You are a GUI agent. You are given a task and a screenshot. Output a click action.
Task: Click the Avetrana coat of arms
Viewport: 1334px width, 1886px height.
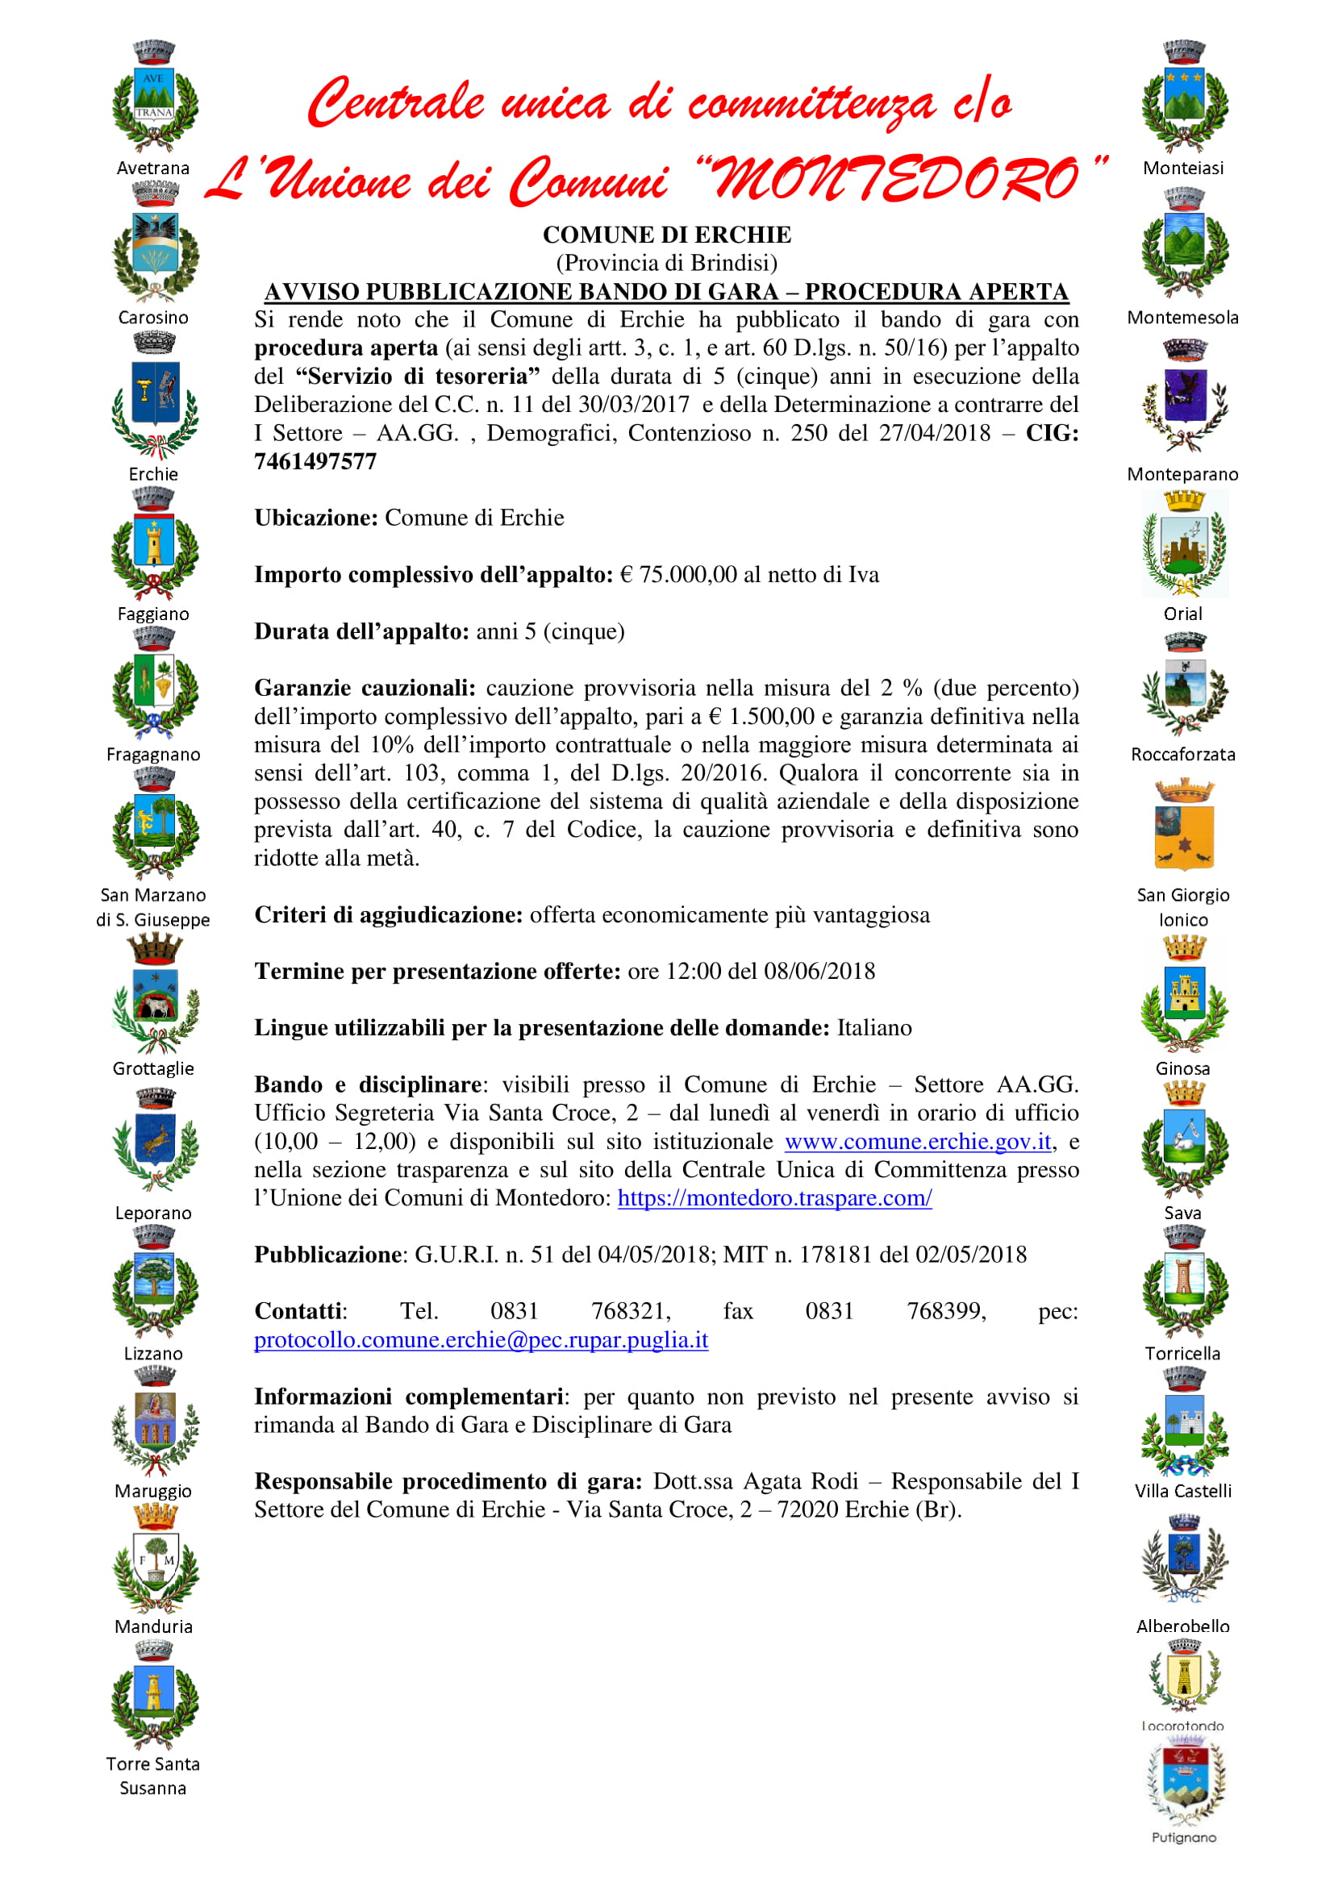[153, 97]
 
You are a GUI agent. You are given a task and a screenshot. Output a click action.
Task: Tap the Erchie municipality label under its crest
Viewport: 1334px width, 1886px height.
[152, 474]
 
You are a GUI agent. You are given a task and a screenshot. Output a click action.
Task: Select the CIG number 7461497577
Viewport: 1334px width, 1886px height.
[315, 462]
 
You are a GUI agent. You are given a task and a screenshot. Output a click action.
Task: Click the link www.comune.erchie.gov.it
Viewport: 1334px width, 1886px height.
[918, 1142]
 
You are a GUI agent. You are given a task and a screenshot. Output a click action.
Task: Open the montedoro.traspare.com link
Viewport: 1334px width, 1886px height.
[773, 1198]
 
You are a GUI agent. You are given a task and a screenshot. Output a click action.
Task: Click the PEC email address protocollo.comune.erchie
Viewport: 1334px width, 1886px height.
[481, 1340]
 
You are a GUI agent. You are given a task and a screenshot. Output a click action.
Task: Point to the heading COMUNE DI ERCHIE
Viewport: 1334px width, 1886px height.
[666, 235]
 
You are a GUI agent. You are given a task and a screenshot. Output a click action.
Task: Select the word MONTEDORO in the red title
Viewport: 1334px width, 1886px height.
[895, 179]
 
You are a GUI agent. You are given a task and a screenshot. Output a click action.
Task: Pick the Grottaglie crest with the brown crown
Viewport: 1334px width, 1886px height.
[154, 995]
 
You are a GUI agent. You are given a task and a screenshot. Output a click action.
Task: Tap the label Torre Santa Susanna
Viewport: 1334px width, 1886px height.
[152, 1776]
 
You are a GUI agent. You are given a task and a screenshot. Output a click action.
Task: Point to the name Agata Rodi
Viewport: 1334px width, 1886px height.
[800, 1481]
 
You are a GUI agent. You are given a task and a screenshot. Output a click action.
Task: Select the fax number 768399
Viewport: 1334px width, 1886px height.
[945, 1311]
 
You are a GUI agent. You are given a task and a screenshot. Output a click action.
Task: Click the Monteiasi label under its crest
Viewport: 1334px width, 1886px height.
[1183, 169]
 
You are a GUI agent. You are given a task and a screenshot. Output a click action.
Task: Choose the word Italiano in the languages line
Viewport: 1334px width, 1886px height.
[874, 1028]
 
